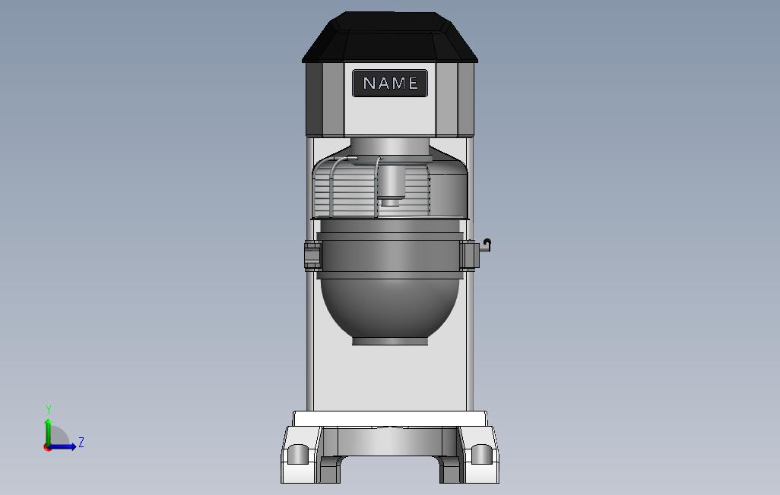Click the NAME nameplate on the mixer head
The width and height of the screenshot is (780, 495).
coord(389,83)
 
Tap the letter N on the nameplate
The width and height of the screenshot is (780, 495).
coord(369,83)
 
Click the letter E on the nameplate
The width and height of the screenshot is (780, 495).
coord(413,83)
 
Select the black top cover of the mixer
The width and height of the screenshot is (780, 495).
coord(389,37)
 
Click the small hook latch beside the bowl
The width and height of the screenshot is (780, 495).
coord(486,244)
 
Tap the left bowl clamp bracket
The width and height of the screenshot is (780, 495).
coord(313,255)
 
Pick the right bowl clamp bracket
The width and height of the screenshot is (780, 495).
coord(469,255)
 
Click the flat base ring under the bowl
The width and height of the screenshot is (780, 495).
coord(390,341)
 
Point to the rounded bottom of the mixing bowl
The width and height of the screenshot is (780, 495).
coord(390,308)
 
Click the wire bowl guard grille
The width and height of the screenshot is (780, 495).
coord(348,189)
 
